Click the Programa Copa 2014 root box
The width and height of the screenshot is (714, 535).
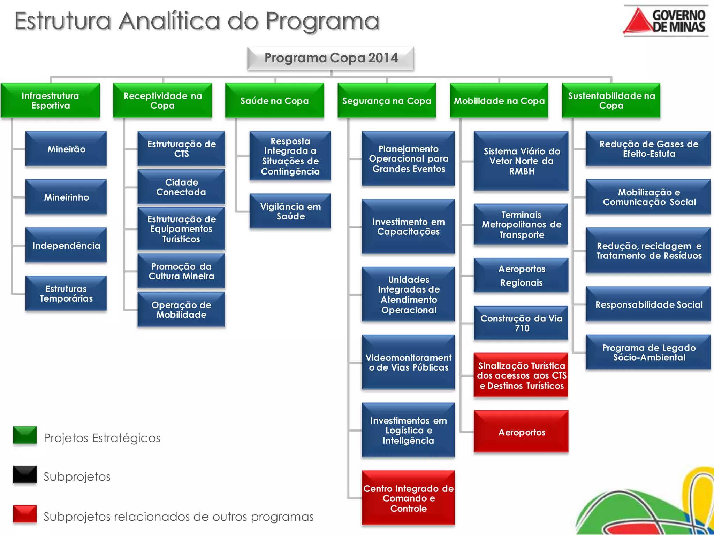(331, 58)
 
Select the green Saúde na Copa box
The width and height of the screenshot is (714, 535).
(274, 101)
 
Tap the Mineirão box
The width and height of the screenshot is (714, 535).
(66, 149)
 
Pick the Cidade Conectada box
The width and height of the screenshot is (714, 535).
(181, 187)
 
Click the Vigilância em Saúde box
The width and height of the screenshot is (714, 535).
(290, 211)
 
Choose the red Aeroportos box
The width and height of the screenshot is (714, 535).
(521, 432)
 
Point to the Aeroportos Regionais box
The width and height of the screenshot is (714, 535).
(521, 276)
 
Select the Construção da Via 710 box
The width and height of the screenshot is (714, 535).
(521, 323)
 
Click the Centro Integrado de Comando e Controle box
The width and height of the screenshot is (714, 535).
(408, 498)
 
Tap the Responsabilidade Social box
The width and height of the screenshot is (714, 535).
(648, 304)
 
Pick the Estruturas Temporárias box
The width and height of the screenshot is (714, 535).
(66, 293)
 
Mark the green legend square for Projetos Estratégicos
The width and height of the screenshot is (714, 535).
(25, 435)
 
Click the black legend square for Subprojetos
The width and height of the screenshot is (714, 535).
(25, 474)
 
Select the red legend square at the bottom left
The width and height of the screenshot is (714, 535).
(25, 514)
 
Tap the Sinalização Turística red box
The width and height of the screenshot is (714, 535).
(521, 375)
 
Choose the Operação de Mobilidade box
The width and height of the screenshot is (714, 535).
(181, 310)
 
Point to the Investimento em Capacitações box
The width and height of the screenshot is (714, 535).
(408, 226)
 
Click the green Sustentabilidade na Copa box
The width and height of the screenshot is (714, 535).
(611, 101)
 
